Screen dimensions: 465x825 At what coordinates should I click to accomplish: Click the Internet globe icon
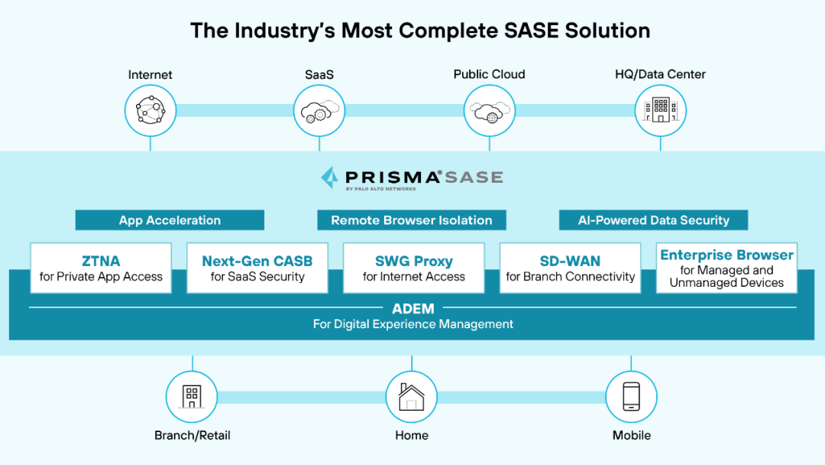tap(150, 111)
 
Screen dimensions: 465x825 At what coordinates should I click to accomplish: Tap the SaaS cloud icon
tap(319, 111)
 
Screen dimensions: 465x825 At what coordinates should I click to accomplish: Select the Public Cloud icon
tap(489, 111)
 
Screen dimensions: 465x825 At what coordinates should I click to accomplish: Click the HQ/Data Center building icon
tap(661, 111)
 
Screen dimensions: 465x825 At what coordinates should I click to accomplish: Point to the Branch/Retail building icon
tap(192, 396)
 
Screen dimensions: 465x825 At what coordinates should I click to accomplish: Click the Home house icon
tap(412, 396)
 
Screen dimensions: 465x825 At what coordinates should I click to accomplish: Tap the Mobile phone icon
tap(631, 396)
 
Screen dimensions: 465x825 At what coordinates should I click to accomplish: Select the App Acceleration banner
tap(170, 220)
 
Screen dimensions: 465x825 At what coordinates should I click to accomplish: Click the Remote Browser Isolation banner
tap(412, 220)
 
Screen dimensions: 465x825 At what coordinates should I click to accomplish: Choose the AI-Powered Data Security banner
tap(653, 220)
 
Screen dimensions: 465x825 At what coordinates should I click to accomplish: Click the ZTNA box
tap(101, 268)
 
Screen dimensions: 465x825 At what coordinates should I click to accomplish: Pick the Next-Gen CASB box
tap(257, 268)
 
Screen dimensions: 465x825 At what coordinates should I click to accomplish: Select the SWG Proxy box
tap(414, 268)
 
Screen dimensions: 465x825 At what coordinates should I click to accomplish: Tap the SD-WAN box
tap(571, 268)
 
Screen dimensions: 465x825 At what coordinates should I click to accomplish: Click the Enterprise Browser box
tap(726, 268)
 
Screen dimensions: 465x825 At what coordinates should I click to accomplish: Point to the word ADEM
tap(412, 309)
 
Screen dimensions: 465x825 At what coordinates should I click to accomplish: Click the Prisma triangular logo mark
tap(330, 177)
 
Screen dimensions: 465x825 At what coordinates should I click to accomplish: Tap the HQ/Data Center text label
tap(660, 74)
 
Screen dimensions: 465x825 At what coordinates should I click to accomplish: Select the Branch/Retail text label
tap(192, 435)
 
